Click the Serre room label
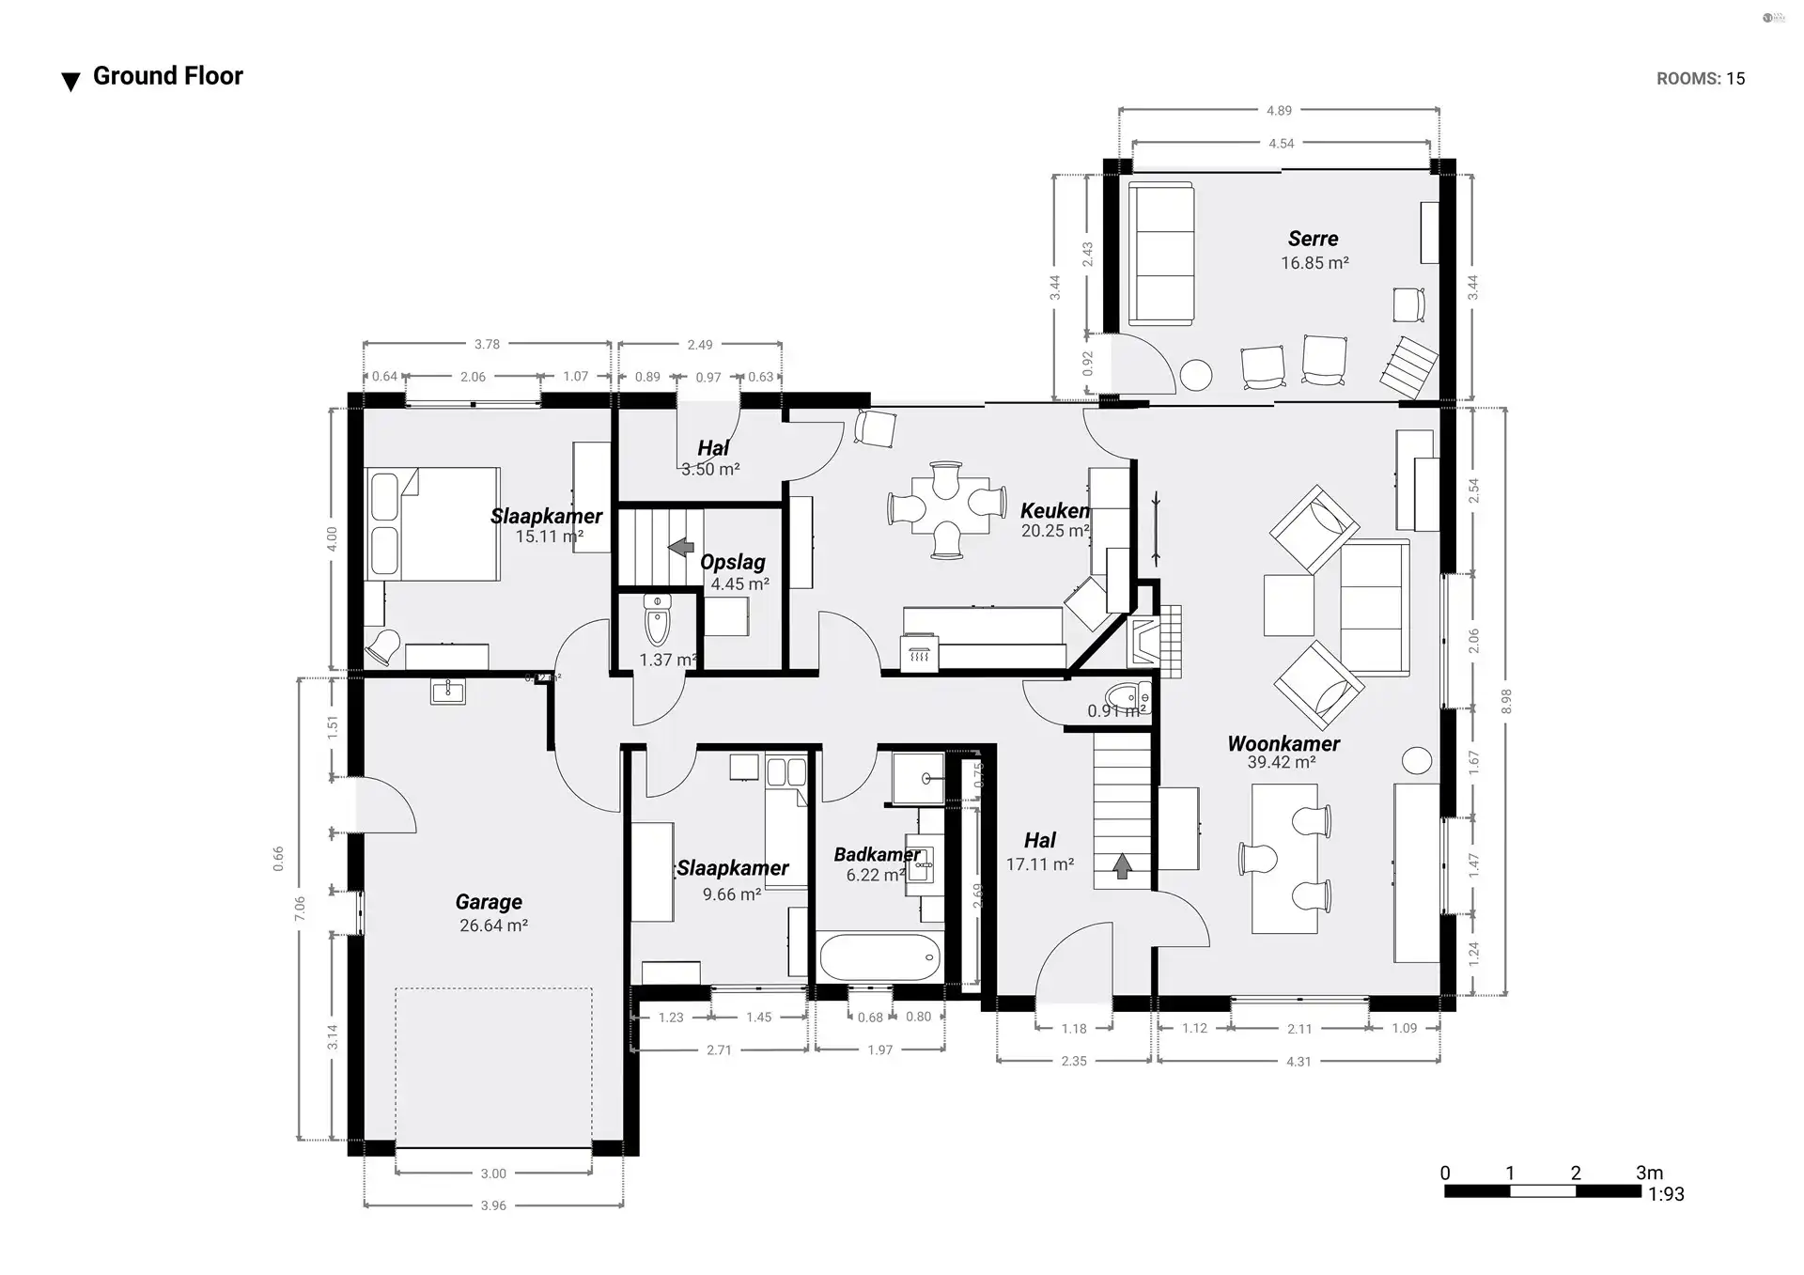1313,239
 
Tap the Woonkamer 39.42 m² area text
1281,763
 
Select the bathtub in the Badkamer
879,957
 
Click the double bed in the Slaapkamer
431,523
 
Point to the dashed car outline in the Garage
493,1066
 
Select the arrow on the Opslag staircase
681,547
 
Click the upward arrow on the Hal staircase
1122,865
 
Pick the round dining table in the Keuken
946,508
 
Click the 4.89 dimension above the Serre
1279,111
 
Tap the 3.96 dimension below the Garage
493,1205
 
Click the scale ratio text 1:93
1666,1194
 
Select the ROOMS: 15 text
1700,79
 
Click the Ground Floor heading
167,76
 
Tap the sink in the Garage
448,692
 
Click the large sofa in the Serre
1161,254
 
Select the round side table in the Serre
1196,375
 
